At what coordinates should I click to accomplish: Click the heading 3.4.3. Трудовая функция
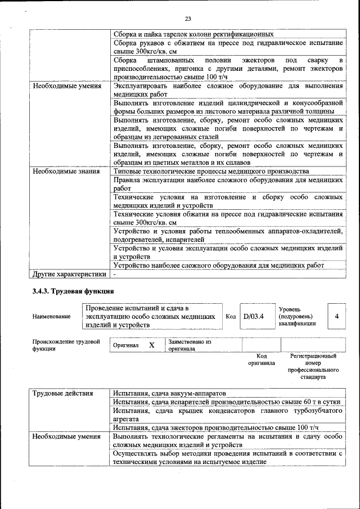(73, 291)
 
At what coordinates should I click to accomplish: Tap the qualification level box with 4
(336, 317)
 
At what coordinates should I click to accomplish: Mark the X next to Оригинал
(152, 345)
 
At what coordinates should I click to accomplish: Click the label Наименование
(52, 317)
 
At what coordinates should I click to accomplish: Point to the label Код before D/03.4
(231, 317)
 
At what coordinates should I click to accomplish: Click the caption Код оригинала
(262, 359)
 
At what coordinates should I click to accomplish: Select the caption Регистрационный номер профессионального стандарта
(313, 367)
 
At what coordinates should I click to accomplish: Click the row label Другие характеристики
(69, 274)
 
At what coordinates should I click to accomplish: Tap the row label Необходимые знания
(66, 171)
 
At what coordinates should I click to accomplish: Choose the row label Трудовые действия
(62, 393)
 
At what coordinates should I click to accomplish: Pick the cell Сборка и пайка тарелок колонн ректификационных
(193, 34)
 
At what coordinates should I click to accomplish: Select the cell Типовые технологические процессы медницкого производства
(211, 171)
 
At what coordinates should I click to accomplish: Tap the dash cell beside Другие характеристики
(115, 274)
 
